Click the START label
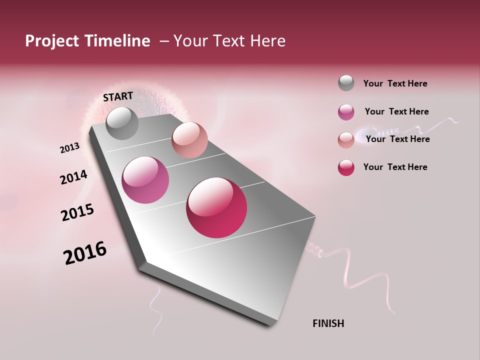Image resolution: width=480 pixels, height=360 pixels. click(118, 96)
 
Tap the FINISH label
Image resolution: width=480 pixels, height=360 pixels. click(328, 323)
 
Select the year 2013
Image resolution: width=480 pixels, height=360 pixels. click(70, 148)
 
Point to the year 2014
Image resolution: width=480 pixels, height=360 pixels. click(73, 177)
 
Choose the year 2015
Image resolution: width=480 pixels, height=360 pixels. click(77, 212)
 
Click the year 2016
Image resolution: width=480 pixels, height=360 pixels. click(85, 252)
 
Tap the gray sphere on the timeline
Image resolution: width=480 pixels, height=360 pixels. click(122, 123)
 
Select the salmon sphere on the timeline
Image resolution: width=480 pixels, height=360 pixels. click(189, 140)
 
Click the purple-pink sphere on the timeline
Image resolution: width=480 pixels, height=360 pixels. click(145, 180)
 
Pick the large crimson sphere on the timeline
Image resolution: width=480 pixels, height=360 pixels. click(216, 207)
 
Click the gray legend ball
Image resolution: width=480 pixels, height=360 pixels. click(346, 83)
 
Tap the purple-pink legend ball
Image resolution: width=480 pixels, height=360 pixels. click(346, 112)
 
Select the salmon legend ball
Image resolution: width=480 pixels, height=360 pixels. click(346, 140)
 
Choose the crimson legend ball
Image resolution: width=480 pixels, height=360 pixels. click(346, 167)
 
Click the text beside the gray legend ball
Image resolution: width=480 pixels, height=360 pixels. click(395, 83)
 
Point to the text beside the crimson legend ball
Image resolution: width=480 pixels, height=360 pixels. click(395, 167)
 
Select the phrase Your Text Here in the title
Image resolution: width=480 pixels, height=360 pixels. click(229, 41)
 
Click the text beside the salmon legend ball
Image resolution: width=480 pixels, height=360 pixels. click(397, 139)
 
